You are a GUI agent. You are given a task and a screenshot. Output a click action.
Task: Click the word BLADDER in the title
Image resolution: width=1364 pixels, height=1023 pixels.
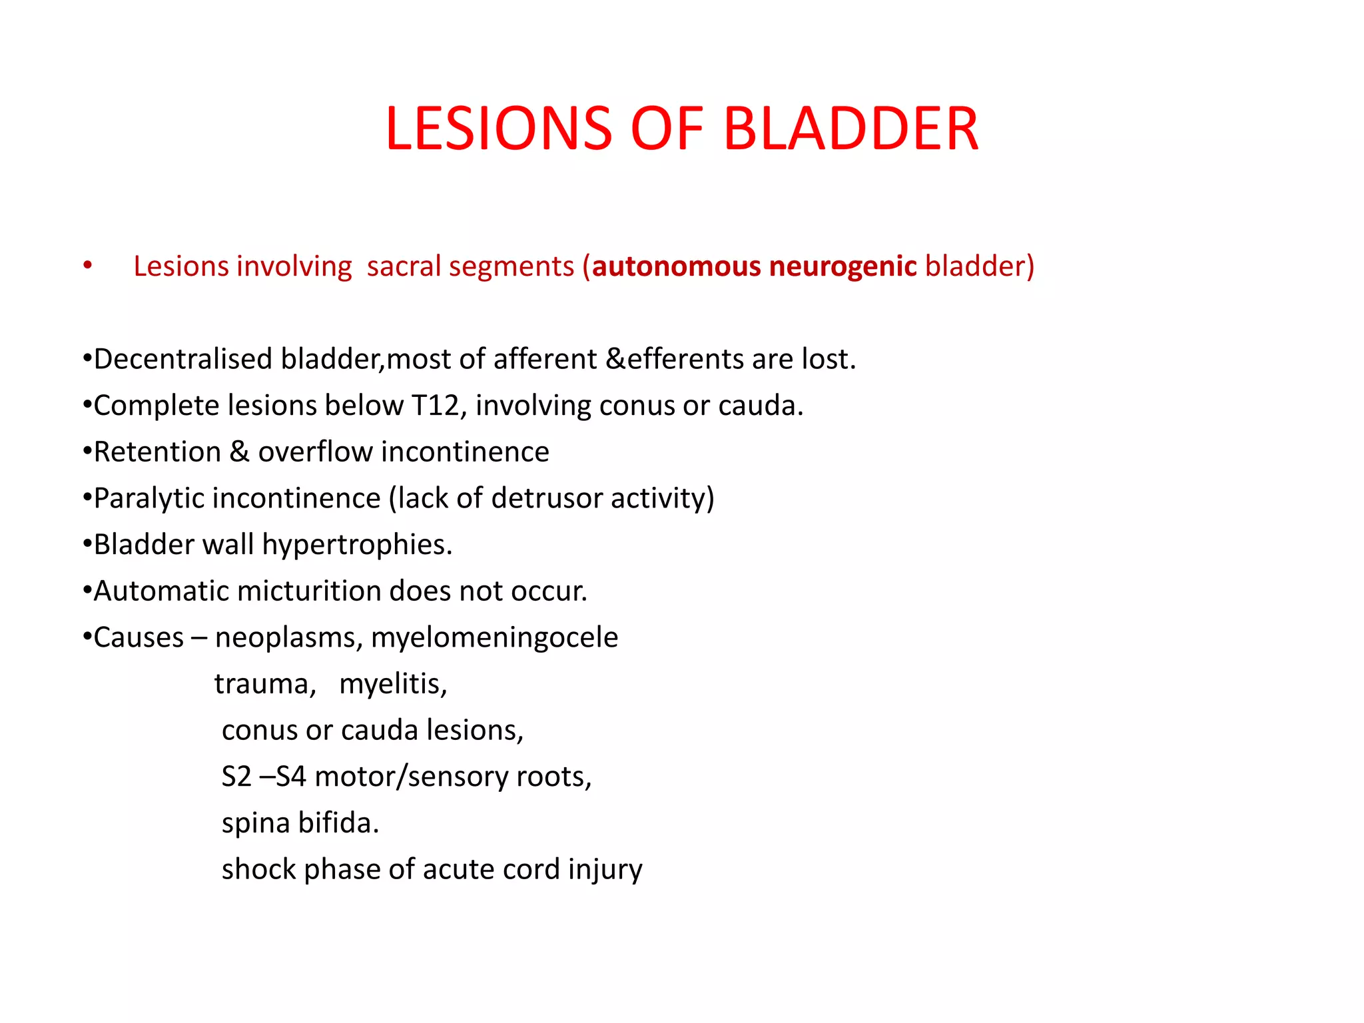[x=851, y=129]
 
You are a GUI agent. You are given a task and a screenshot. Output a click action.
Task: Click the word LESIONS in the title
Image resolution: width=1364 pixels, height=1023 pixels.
[x=498, y=129]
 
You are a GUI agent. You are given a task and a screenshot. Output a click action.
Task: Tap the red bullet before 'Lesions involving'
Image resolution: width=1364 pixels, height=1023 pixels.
[x=88, y=266]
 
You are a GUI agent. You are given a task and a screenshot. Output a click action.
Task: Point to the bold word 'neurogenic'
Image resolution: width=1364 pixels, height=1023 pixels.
[x=843, y=267]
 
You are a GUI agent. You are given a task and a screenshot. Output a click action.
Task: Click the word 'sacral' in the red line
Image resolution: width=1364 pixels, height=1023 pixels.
[x=404, y=266]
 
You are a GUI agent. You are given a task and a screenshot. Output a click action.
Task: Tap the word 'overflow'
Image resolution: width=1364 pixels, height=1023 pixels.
[x=316, y=452]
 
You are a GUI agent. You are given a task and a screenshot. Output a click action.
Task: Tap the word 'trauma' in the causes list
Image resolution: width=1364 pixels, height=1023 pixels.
[x=264, y=685]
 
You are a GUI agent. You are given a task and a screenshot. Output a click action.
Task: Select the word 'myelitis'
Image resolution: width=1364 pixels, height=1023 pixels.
[x=392, y=685]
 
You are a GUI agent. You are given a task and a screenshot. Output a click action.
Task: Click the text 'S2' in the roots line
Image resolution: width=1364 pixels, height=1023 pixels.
[x=236, y=777]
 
